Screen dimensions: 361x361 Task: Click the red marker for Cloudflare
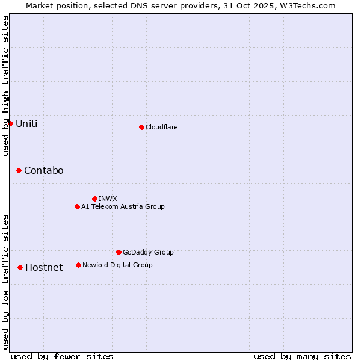141,127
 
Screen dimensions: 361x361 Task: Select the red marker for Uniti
10,123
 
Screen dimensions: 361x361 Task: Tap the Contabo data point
19,171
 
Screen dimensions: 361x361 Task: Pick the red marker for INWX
94,199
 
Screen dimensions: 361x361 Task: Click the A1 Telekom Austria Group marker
77,206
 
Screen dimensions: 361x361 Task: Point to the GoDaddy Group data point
119,252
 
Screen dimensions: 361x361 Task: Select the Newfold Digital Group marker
78,265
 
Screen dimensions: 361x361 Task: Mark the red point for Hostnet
20,267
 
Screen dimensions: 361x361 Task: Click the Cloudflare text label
161,127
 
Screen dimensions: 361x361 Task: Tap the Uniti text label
26,123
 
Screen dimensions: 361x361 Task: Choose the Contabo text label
43,171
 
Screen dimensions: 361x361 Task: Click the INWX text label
108,199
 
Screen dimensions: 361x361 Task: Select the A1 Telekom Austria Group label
123,206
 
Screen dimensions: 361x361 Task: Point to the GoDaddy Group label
148,252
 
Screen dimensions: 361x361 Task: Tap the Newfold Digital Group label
117,265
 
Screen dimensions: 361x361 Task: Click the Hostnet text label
44,268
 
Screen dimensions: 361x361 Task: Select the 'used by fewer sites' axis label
61,356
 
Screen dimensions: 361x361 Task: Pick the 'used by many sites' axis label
302,356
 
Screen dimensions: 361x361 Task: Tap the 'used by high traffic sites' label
6,85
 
